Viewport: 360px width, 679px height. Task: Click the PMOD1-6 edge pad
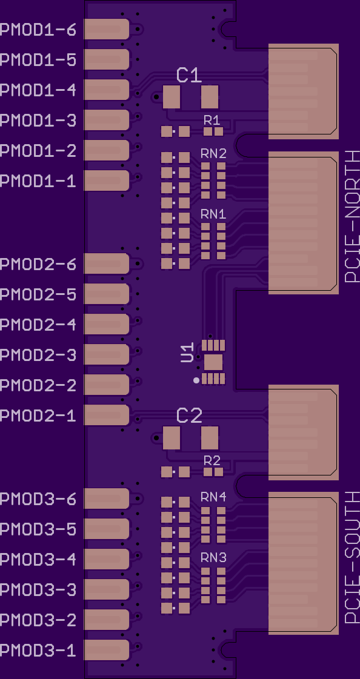[107, 29]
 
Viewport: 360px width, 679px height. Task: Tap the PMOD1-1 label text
[38, 181]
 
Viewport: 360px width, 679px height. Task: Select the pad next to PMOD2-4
[107, 324]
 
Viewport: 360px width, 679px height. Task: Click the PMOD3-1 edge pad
[107, 650]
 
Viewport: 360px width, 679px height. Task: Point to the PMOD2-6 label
[38, 264]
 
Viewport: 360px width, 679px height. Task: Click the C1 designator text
[189, 75]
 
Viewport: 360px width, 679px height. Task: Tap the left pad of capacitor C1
[172, 96]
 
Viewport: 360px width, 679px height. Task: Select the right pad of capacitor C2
[210, 438]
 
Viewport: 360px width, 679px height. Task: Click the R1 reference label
[212, 120]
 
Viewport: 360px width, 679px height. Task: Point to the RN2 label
[213, 153]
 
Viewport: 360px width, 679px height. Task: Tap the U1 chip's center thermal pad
[213, 362]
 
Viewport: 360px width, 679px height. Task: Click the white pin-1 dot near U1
[197, 380]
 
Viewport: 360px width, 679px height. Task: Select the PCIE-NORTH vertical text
[352, 216]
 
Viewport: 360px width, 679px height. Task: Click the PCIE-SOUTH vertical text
[352, 557]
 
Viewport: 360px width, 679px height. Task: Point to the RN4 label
[213, 497]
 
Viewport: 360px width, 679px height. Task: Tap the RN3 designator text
[213, 558]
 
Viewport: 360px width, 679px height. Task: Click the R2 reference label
[212, 461]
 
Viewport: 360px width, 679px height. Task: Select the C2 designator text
[189, 416]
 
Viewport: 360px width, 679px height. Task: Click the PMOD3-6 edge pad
[107, 498]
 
